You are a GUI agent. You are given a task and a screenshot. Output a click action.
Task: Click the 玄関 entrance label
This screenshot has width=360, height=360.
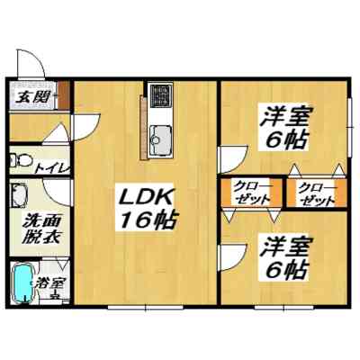(32, 96)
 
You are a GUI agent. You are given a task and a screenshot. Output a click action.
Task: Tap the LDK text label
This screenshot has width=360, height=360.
(146, 198)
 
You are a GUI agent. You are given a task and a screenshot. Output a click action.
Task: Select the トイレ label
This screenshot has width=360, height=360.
(52, 168)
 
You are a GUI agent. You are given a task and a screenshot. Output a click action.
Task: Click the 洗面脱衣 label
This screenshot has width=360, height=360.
(42, 229)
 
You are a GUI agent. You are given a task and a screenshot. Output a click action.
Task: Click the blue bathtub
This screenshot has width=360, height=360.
(22, 283)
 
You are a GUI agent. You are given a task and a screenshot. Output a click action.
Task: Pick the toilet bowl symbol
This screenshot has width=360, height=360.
(22, 159)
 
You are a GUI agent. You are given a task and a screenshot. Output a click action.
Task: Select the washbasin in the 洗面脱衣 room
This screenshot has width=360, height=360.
(19, 195)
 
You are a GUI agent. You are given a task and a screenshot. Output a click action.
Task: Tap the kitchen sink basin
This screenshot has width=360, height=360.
(161, 137)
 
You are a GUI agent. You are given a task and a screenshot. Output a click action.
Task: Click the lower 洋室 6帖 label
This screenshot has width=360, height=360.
(283, 259)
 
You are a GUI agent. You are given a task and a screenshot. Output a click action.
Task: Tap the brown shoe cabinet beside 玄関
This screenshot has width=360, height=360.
(63, 94)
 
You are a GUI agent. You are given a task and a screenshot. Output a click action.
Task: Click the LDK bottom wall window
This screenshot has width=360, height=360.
(146, 307)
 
